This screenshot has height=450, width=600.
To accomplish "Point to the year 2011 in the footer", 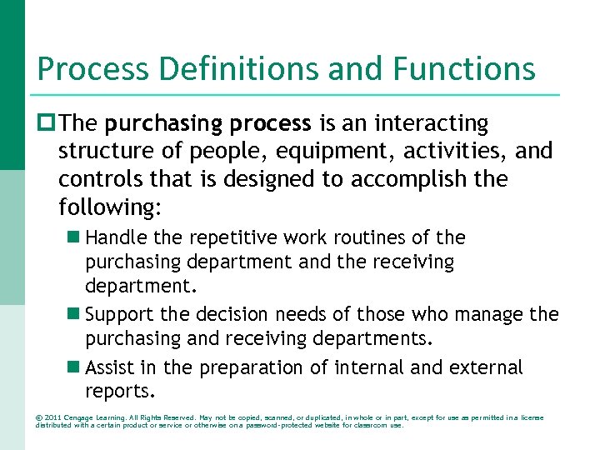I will click(52, 417).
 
